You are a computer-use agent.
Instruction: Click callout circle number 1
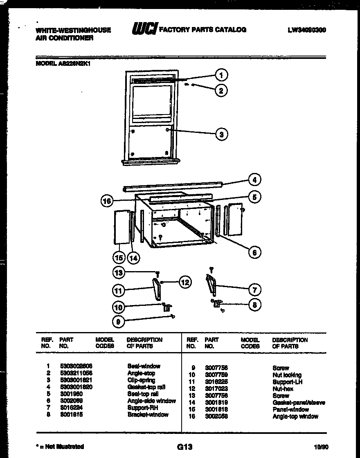tap(221, 75)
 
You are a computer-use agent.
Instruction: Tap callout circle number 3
tap(221, 134)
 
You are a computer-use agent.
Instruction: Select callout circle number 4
tap(254, 180)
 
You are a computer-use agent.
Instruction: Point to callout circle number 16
tap(107, 200)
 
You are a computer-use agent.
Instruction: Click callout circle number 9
tap(118, 322)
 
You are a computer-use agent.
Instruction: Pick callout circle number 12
tap(185, 282)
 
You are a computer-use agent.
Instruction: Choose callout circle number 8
tap(254, 305)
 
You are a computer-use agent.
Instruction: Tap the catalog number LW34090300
tap(306, 30)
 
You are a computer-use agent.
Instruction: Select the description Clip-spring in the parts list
tap(141, 380)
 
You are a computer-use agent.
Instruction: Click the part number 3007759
tap(216, 375)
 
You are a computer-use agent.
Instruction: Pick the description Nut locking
tap(287, 375)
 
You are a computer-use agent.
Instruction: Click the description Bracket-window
tap(148, 415)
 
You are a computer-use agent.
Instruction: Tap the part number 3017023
tap(216, 388)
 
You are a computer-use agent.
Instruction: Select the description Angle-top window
tap(295, 416)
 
